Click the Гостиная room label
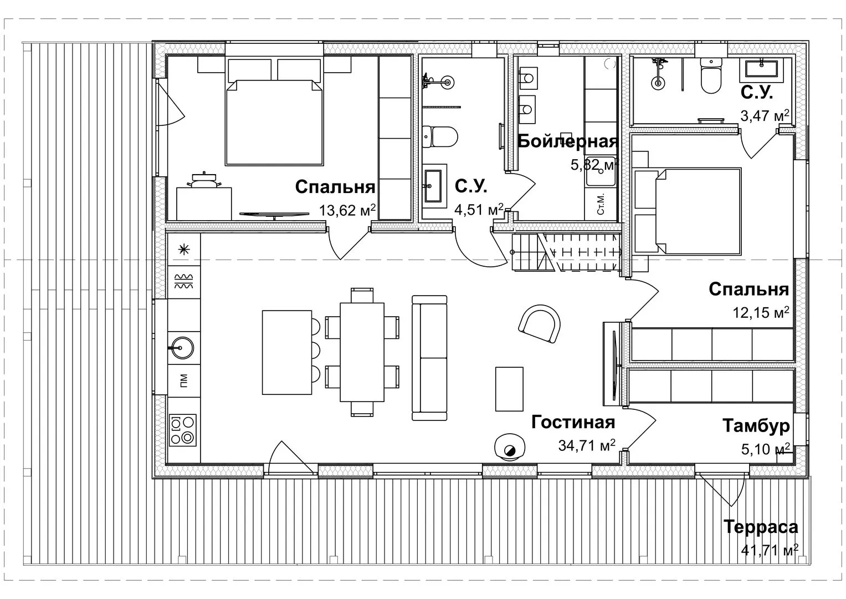573,422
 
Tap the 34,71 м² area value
587,445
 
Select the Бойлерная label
568,141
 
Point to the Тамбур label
756,426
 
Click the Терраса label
761,527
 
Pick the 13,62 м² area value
347,210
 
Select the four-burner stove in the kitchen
183,430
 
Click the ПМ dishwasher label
184,380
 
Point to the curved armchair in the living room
540,324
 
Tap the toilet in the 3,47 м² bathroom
711,75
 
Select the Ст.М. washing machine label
601,205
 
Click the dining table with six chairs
362,352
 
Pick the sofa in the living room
429,358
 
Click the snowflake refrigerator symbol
184,249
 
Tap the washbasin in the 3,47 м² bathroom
761,70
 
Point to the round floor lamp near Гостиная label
510,447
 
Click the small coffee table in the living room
509,389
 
